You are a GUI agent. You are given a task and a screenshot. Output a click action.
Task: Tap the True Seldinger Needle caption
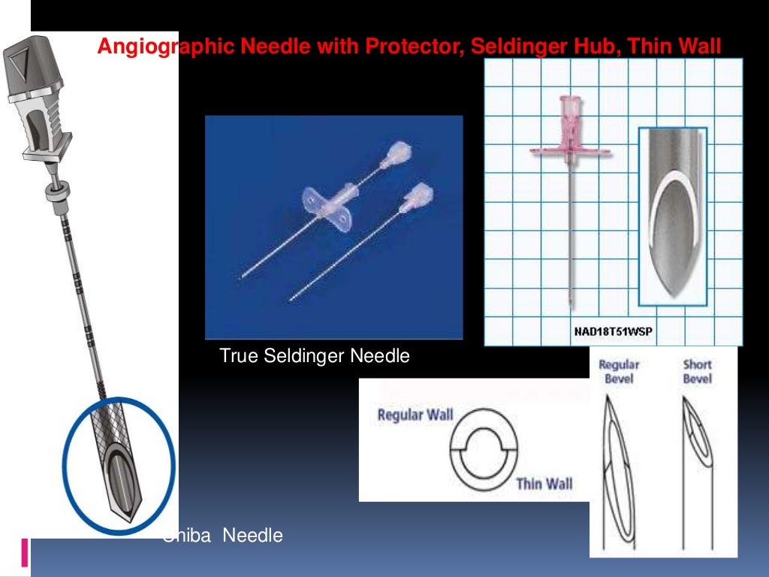coord(315,355)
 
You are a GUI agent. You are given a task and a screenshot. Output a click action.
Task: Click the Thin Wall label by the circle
coord(544,483)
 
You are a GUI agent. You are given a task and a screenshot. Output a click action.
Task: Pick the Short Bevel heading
coord(697,371)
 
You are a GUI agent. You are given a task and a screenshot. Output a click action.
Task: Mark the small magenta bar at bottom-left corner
coord(26,552)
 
